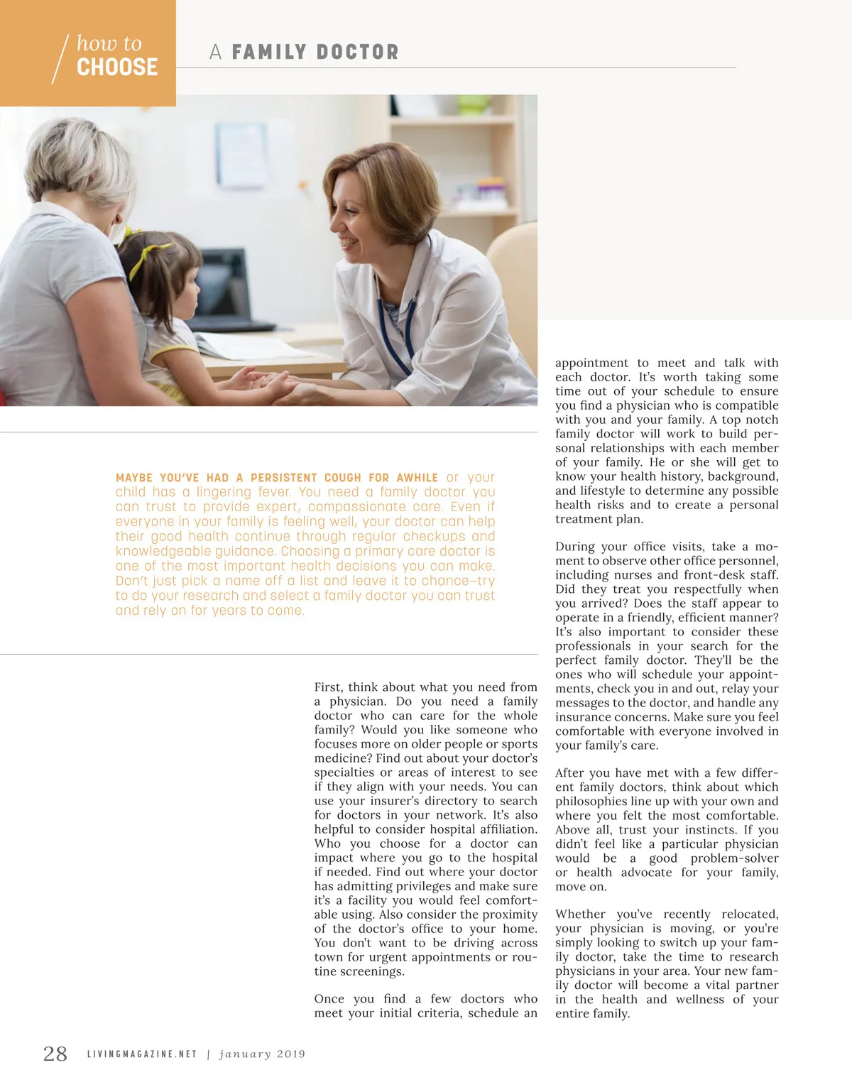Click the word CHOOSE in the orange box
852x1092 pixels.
(117, 67)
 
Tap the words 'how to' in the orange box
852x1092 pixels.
(109, 43)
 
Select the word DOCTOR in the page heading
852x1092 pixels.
(357, 52)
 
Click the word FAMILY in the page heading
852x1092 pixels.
(269, 52)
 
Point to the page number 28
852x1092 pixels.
(55, 1054)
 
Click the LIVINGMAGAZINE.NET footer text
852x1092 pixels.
(142, 1054)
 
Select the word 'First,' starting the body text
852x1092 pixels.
(328, 687)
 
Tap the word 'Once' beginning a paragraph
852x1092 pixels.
(329, 999)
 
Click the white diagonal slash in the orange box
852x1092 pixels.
(60, 58)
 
